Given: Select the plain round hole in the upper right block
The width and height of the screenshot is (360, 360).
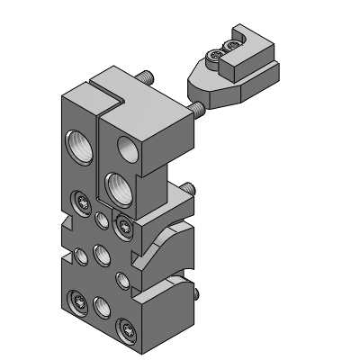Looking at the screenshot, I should [x=121, y=148].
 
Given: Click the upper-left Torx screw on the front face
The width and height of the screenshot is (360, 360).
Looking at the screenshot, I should [x=82, y=200].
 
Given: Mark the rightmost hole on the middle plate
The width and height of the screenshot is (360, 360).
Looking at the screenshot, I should [x=122, y=278].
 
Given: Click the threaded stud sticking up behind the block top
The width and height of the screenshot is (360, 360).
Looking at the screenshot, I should [x=145, y=80].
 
